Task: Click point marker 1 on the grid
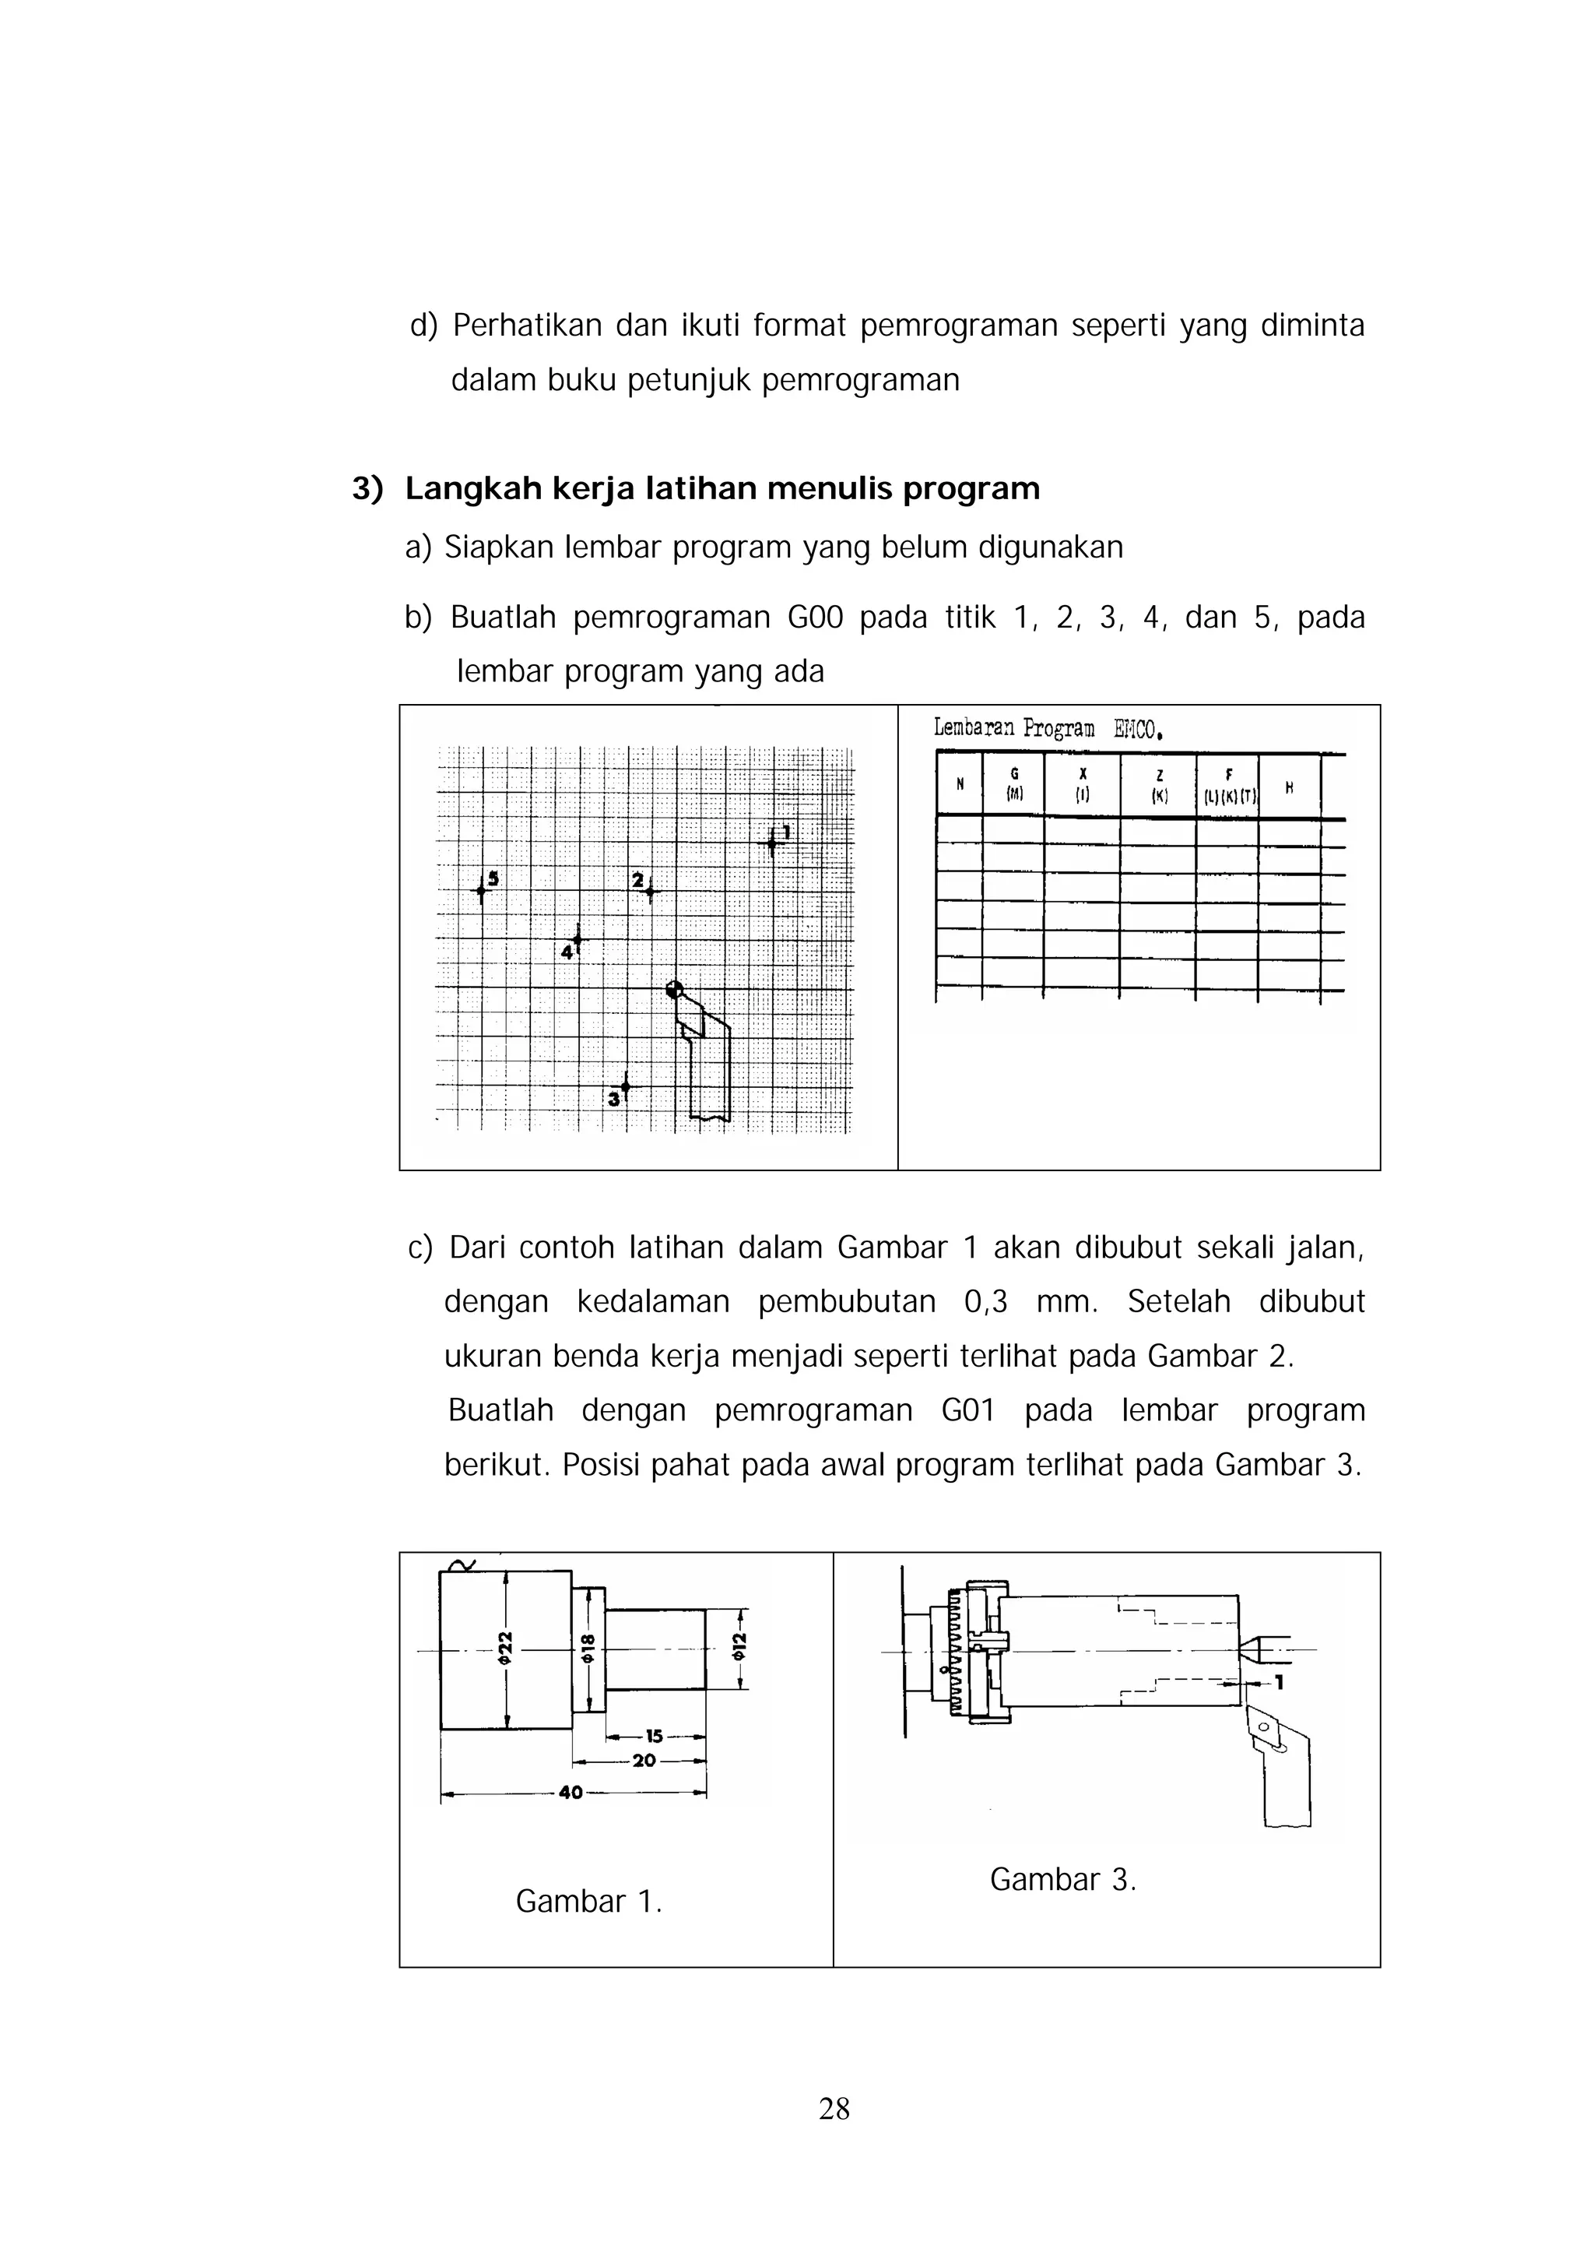pos(773,842)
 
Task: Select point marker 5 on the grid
pos(481,890)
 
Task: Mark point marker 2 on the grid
pos(649,891)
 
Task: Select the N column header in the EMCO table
pos(960,785)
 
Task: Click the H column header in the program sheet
pos(1289,787)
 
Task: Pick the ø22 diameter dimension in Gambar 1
pos(506,1648)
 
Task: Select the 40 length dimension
pos(571,1792)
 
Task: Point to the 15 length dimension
pos(654,1737)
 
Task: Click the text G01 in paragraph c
pos(967,1410)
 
